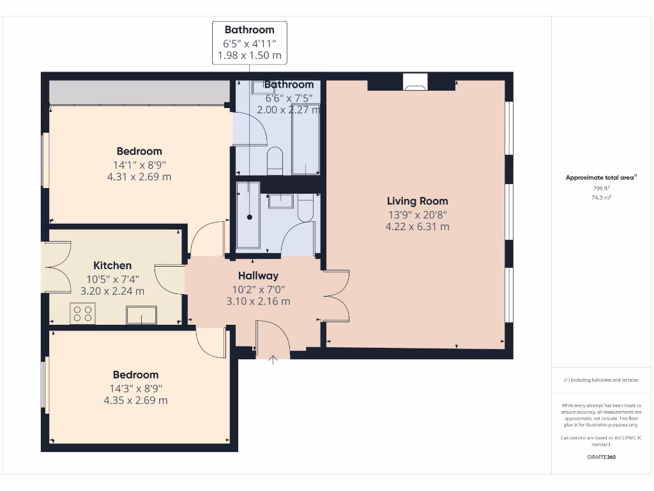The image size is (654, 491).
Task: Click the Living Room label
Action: (417, 201)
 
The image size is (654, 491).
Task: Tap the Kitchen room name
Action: (112, 265)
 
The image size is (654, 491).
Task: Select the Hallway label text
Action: (258, 276)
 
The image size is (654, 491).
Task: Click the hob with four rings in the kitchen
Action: (82, 313)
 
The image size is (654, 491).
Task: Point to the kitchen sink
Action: (141, 315)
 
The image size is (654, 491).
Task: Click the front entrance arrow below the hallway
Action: (273, 360)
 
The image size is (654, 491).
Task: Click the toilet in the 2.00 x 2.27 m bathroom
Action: (275, 160)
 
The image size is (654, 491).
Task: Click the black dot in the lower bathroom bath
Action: (249, 217)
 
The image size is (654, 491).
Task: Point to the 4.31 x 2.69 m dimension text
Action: (139, 176)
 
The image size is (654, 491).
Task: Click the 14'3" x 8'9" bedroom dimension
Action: (135, 387)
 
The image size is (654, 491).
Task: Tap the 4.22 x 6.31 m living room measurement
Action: (417, 226)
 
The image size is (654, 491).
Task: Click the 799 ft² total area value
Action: (601, 189)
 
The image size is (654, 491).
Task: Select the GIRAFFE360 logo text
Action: (601, 457)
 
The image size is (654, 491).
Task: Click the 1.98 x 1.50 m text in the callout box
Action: (249, 56)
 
